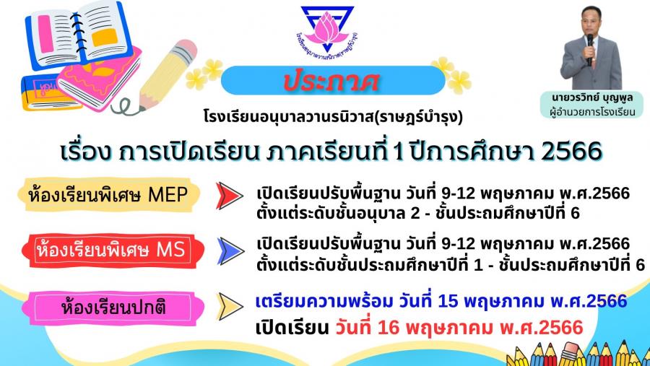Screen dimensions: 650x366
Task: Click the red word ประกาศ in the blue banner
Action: (x=331, y=80)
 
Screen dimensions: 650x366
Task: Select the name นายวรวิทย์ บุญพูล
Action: (x=592, y=98)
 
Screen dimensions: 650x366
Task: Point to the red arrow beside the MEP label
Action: (x=229, y=195)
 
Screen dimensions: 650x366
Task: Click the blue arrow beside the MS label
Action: (x=230, y=251)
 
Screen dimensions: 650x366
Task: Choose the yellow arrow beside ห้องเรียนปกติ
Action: (x=230, y=307)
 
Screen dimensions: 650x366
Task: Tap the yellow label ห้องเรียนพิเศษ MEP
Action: (x=109, y=195)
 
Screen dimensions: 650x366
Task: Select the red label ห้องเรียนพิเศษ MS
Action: (x=113, y=250)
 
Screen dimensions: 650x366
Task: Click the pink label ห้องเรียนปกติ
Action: (x=113, y=308)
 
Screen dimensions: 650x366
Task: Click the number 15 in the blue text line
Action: (x=448, y=301)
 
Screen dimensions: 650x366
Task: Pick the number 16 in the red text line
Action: (x=389, y=328)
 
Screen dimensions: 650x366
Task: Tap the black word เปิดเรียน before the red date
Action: (x=292, y=328)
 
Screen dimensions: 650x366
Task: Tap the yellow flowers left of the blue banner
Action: (x=204, y=74)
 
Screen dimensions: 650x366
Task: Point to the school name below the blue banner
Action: (x=333, y=117)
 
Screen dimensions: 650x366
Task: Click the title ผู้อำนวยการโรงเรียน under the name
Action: (x=592, y=112)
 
